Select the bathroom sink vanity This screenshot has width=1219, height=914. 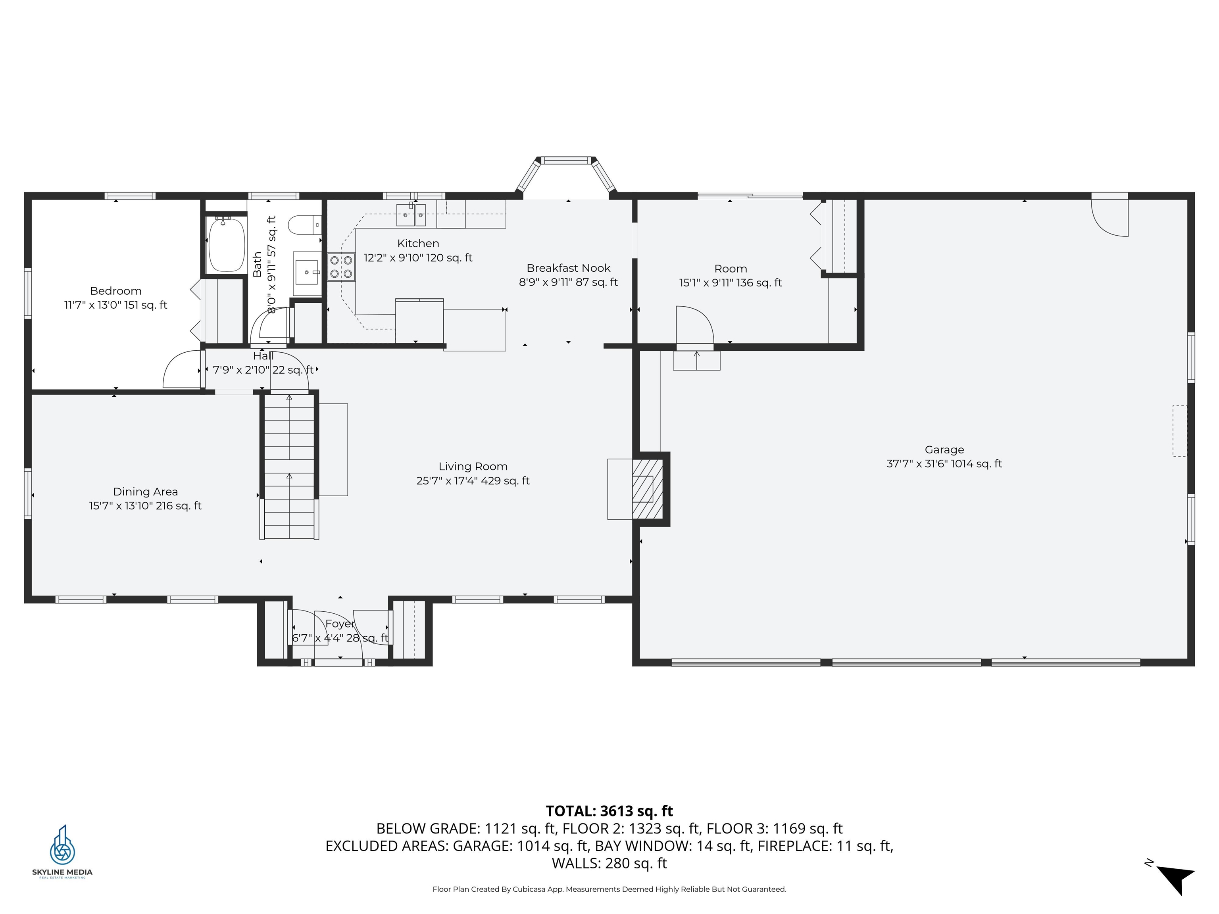coord(306,272)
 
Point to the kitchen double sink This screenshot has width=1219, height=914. coord(411,215)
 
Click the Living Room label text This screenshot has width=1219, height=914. coord(473,467)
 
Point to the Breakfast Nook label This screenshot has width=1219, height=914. coord(568,268)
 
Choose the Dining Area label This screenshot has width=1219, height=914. coord(146,492)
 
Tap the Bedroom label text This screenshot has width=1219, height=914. coord(116,291)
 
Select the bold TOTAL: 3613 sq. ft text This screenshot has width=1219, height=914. coord(609,811)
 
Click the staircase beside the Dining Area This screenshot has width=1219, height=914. coord(289,466)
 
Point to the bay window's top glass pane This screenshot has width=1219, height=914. coord(567,160)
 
